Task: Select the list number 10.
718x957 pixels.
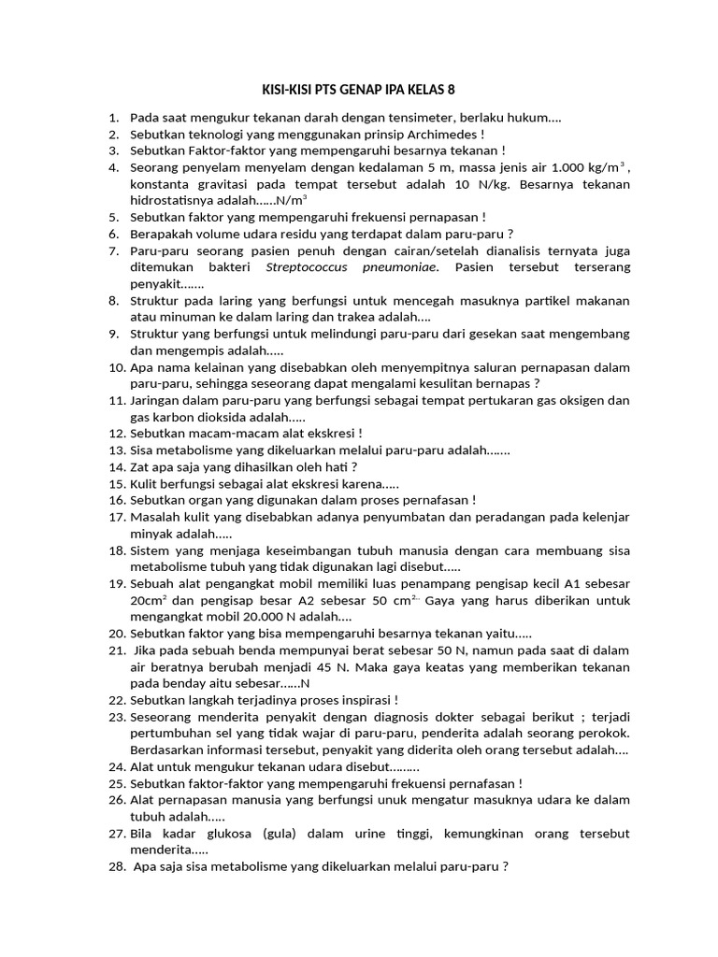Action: [117, 367]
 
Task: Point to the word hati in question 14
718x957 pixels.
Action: [333, 466]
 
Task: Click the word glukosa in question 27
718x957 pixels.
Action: [229, 833]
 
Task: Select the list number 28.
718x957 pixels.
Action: [117, 865]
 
